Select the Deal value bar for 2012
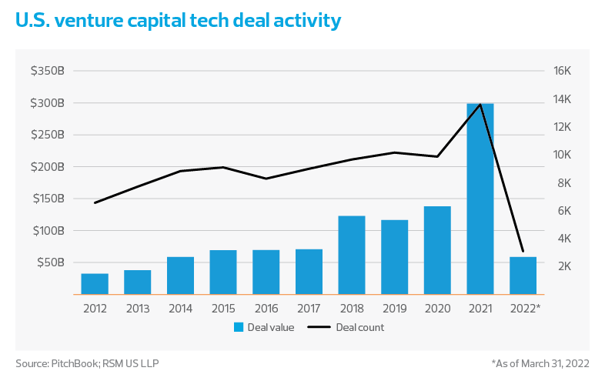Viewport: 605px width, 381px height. [x=95, y=284]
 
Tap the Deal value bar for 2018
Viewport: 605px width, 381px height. [x=352, y=255]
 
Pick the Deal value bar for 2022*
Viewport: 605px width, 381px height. [x=523, y=276]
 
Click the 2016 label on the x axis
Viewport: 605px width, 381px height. [x=266, y=307]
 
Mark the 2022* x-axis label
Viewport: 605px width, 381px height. [x=524, y=307]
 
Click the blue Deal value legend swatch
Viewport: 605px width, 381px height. [x=239, y=327]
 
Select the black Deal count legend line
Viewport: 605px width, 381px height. [x=323, y=327]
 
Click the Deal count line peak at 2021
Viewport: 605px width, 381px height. [x=480, y=105]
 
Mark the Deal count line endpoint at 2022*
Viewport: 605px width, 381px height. [x=523, y=251]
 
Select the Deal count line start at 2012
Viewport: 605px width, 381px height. [x=95, y=202]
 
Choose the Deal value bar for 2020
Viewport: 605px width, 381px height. [x=437, y=250]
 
